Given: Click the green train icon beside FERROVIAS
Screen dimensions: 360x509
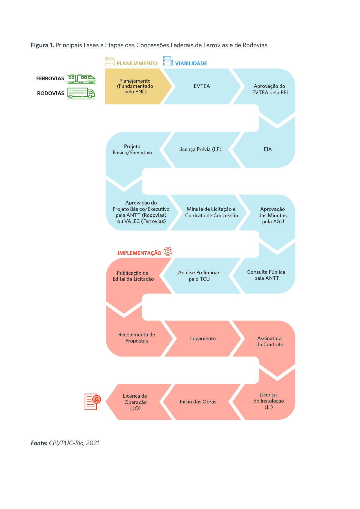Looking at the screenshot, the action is click(81, 79).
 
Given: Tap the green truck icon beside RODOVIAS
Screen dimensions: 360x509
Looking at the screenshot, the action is click(81, 93).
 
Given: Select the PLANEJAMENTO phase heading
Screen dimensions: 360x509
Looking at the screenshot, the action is click(137, 63).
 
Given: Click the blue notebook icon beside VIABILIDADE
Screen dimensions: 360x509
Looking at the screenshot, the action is click(168, 61).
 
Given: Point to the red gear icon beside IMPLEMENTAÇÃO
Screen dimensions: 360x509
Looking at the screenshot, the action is click(168, 251).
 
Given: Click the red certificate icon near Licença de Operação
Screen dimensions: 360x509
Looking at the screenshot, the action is click(93, 402).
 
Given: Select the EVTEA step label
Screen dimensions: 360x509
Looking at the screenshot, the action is click(202, 86).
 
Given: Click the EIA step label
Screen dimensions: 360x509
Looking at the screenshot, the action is click(268, 149).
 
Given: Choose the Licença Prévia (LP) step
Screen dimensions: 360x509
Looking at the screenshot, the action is click(200, 149).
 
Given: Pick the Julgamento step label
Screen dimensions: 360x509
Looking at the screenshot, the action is click(202, 338).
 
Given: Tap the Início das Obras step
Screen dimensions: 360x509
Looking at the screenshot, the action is click(198, 402).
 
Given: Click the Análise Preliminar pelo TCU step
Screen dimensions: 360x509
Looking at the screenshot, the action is click(199, 276).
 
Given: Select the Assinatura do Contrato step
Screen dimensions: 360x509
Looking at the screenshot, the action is click(270, 341).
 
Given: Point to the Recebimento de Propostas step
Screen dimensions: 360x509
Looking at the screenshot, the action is click(137, 338).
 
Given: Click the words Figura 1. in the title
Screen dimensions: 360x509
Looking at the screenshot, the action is click(42, 45).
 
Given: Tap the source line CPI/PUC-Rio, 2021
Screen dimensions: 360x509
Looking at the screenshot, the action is click(74, 443).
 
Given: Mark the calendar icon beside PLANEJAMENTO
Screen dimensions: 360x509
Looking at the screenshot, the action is click(110, 61).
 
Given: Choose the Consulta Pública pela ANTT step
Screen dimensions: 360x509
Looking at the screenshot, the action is click(266, 275).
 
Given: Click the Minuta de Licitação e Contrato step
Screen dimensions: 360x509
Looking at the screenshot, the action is click(211, 212).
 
